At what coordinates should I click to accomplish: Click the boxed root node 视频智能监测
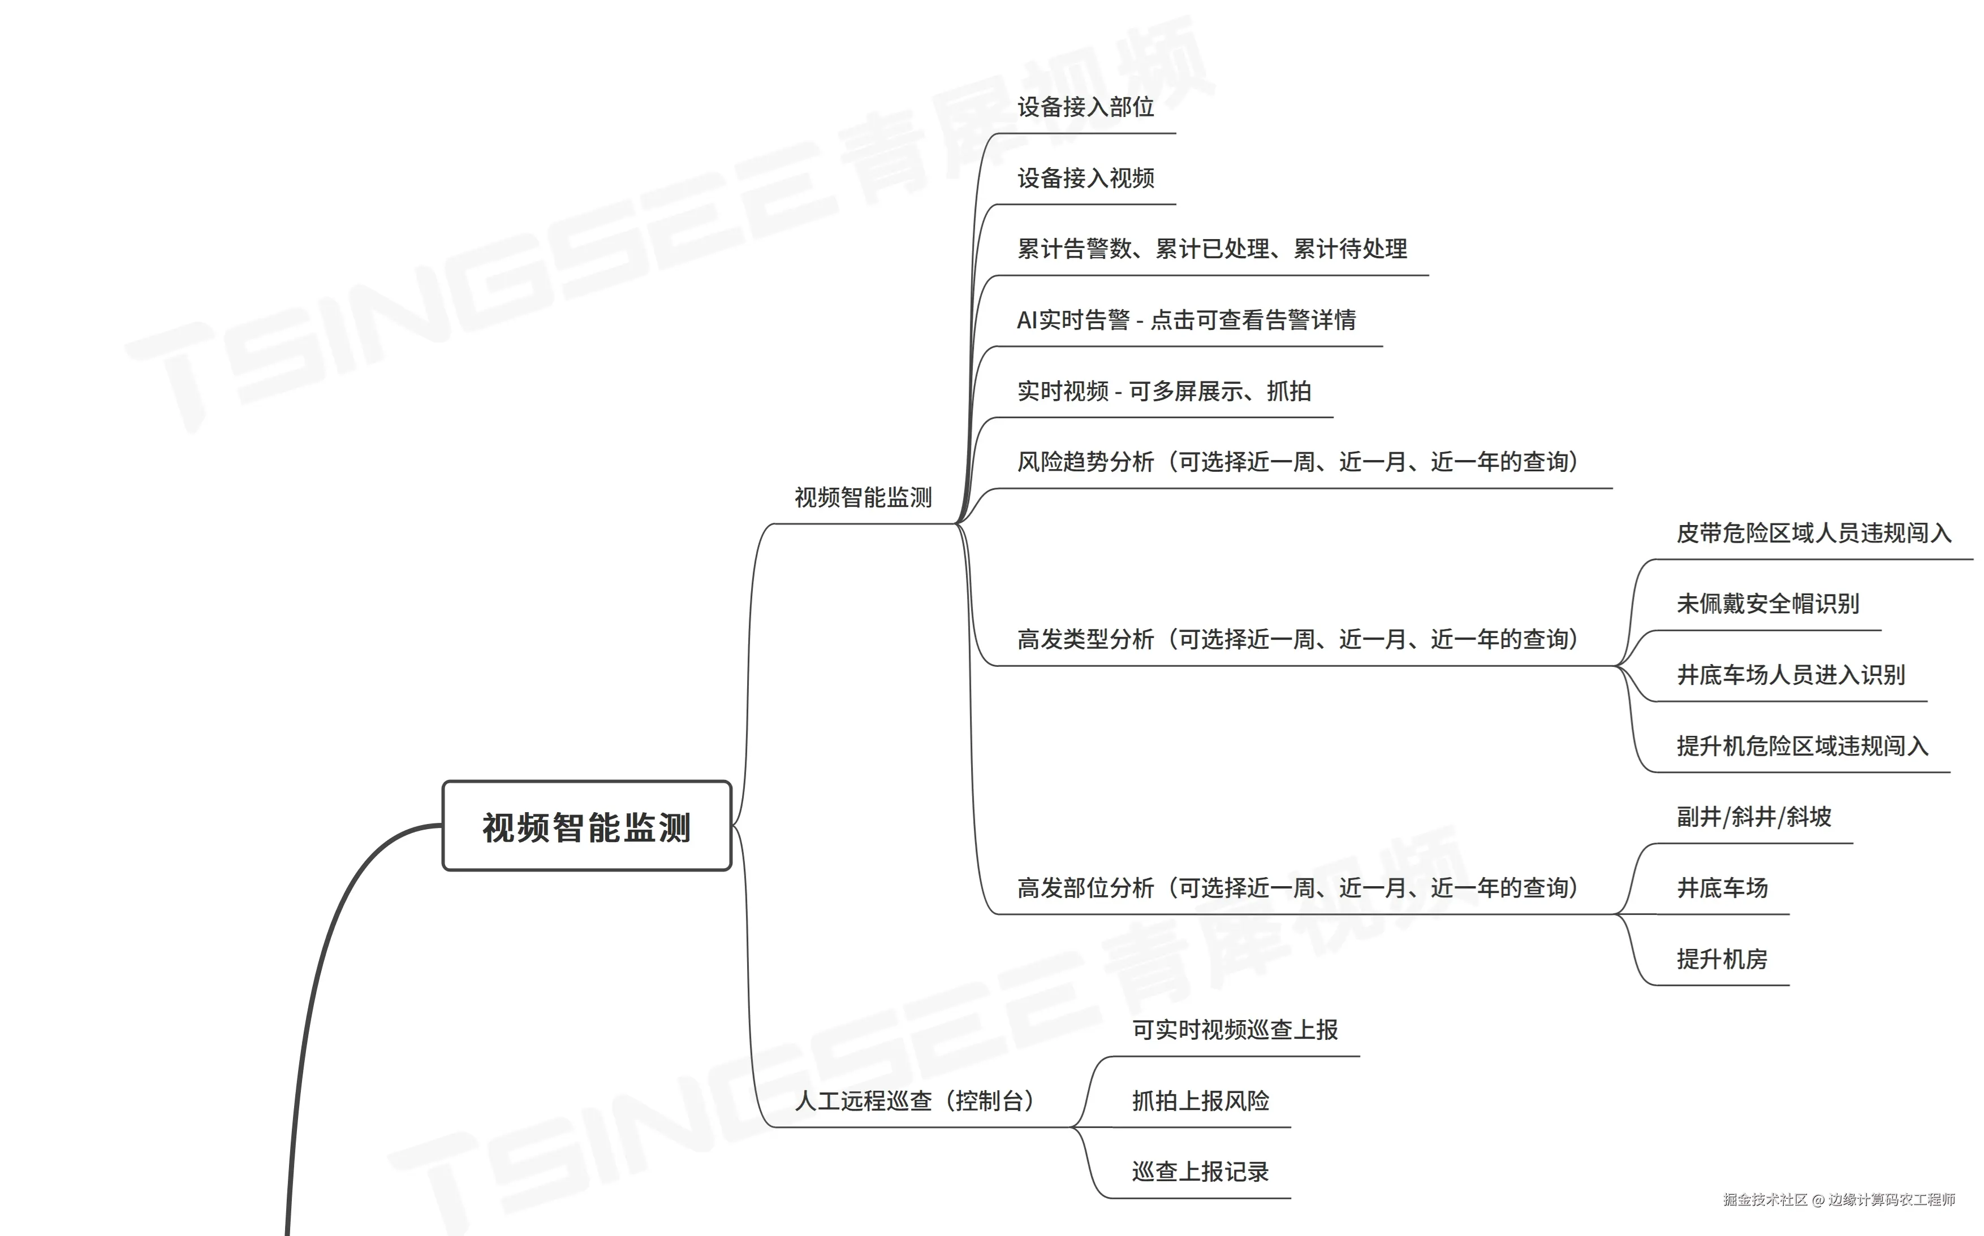tap(586, 826)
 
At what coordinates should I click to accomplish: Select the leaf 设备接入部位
tap(1085, 107)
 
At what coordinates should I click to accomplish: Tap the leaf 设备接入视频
tap(1085, 178)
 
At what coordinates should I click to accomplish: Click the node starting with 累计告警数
tap(1211, 249)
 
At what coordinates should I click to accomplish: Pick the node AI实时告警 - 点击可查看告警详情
tap(1186, 320)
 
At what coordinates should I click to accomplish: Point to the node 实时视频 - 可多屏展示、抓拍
tap(1164, 392)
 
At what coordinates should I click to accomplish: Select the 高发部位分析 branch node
tap(1297, 888)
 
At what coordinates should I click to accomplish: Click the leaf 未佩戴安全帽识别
tap(1767, 605)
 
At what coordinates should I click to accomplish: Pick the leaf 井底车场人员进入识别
tap(1790, 675)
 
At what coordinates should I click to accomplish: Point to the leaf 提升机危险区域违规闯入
tap(1802, 747)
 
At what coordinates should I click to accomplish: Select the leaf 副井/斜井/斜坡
tap(1753, 817)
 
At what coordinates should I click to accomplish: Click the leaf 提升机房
tap(1722, 960)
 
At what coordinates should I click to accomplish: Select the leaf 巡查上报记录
tap(1200, 1172)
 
